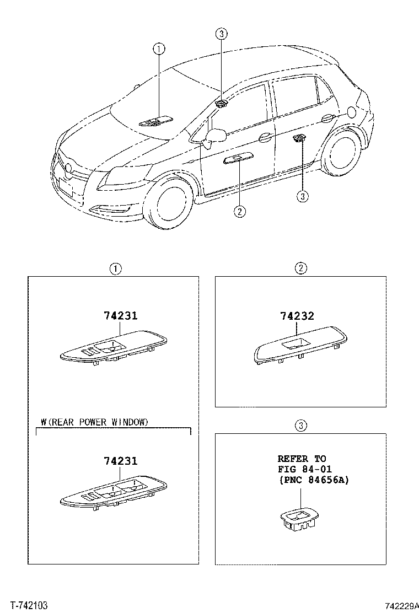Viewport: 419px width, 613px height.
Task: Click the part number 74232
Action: tap(297, 316)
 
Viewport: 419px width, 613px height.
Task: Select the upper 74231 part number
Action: tap(121, 315)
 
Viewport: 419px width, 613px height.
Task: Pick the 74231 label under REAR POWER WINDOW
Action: tap(121, 461)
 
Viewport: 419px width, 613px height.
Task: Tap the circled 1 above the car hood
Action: tap(159, 49)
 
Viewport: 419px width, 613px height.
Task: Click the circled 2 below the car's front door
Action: tap(240, 212)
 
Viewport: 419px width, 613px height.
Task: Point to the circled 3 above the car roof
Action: tap(221, 34)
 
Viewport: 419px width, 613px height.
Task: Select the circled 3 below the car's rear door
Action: tap(303, 196)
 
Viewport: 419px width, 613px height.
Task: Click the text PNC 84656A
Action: tap(314, 480)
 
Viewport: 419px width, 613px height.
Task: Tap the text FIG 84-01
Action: tap(305, 469)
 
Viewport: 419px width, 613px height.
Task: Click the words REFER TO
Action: tap(302, 459)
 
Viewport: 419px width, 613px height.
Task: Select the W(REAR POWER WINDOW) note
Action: tap(95, 422)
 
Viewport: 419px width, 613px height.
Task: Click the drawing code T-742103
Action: tap(29, 606)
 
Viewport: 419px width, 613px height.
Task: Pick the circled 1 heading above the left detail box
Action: tap(115, 269)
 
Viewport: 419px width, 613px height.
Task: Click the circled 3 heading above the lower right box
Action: tap(300, 426)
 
